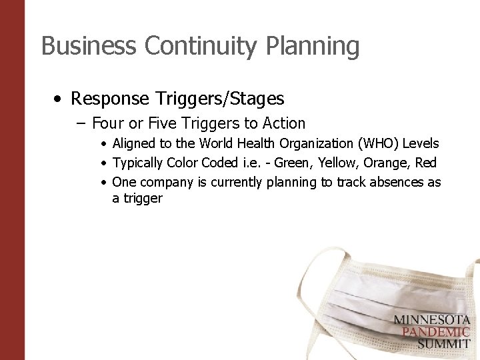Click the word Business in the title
coord(89,46)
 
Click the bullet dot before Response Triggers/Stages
coord(59,99)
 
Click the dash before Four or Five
coord(82,123)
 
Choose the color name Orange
coord(386,163)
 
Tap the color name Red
coord(426,163)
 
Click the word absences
coord(398,182)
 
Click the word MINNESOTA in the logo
coord(431,320)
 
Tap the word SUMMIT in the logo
coord(444,344)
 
